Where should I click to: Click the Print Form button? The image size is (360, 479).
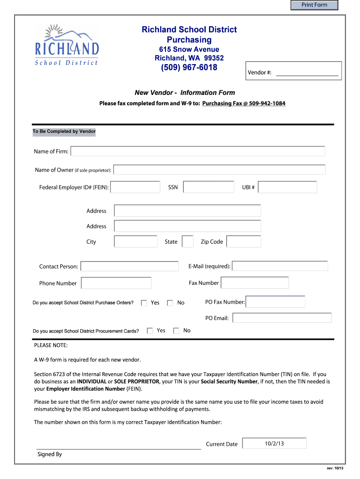314,5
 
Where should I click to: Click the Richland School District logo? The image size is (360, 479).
67,45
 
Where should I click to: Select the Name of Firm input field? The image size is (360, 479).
198,151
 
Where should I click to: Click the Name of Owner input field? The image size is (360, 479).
219,170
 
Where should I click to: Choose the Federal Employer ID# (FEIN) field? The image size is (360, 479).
135,187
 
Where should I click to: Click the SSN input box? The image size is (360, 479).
209,187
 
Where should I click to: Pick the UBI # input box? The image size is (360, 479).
287,187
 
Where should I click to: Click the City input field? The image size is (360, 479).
136,241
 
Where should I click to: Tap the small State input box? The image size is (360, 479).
187,241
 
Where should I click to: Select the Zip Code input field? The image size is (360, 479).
244,241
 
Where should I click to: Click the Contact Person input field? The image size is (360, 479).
130,266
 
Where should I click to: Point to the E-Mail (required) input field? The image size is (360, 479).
280,266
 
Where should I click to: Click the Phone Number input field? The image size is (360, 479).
116,283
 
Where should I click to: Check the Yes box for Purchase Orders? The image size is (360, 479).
144,303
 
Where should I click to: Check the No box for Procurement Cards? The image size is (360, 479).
176,331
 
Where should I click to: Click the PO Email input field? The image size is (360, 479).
282,318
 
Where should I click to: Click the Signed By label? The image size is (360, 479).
50,454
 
